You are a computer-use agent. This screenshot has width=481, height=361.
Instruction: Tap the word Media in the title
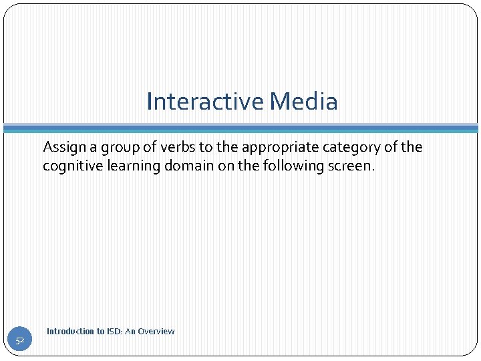click(x=304, y=102)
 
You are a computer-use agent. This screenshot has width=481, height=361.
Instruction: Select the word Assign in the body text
click(x=63, y=147)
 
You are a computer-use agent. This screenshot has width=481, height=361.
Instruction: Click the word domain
click(x=190, y=166)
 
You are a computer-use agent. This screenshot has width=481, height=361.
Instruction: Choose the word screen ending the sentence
click(x=351, y=166)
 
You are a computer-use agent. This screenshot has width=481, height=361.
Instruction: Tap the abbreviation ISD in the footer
click(x=114, y=332)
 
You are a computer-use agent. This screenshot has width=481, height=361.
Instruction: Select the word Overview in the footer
click(x=157, y=332)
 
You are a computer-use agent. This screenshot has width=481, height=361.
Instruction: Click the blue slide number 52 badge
click(x=20, y=341)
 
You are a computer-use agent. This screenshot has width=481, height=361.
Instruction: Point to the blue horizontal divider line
click(x=240, y=128)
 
